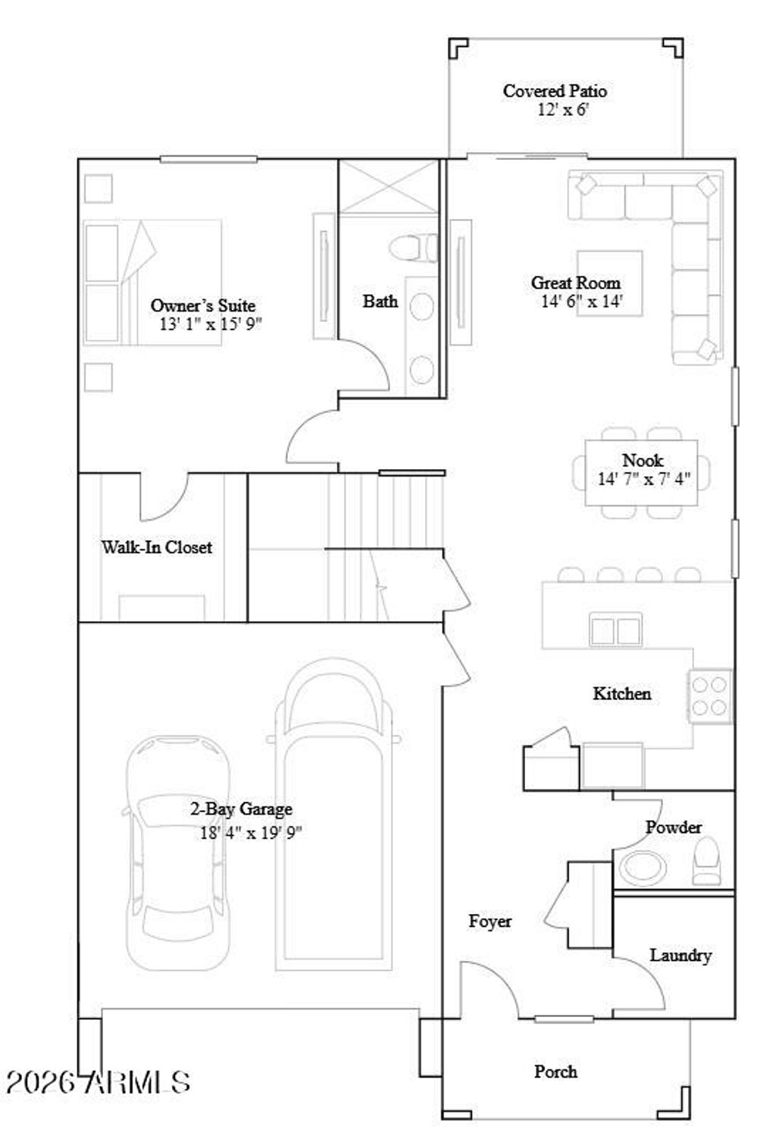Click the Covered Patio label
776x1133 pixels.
[555, 91]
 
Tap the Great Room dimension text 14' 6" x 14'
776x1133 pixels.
[581, 302]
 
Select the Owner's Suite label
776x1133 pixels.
[202, 305]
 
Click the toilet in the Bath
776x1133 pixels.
[414, 248]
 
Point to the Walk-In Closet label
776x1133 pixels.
[157, 547]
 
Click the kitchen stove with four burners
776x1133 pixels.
[710, 696]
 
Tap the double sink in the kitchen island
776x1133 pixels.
[615, 631]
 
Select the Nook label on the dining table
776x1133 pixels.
[642, 460]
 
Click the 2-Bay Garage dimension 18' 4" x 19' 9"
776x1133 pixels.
[251, 832]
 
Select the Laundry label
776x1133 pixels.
[680, 955]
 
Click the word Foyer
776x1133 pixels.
[490, 921]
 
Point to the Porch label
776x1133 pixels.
[555, 1072]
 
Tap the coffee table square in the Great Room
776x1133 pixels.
[609, 283]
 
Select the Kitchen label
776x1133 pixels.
[621, 693]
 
